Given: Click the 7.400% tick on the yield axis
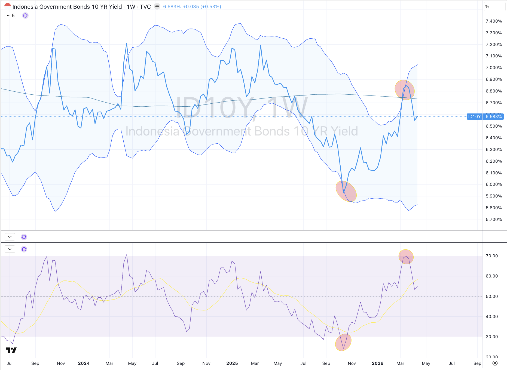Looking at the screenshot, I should tap(493, 21).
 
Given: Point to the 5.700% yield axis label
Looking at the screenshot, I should tap(493, 220).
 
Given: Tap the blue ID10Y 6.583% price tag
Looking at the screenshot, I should tap(485, 117).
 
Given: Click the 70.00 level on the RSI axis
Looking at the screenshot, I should tap(491, 256).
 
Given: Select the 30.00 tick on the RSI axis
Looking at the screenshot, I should tap(491, 337).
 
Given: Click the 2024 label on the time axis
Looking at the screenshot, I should tap(84, 363).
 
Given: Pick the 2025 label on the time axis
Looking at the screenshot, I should tap(232, 363).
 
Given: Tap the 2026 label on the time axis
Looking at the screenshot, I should tap(377, 363).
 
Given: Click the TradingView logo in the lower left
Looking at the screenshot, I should tap(11, 350).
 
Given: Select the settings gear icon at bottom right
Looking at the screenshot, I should tap(495, 363).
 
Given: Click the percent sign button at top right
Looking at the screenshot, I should tap(487, 7).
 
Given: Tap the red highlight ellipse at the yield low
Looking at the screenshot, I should tap(346, 191).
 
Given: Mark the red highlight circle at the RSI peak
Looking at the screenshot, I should tap(406, 257).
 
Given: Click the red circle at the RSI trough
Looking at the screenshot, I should tap(343, 343).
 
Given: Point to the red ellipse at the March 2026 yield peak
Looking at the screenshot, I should tap(405, 90).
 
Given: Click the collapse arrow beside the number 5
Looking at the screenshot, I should tap(8, 16).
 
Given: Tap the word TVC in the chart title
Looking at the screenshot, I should tap(145, 7).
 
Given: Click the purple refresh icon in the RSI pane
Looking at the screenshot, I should tap(24, 249).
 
